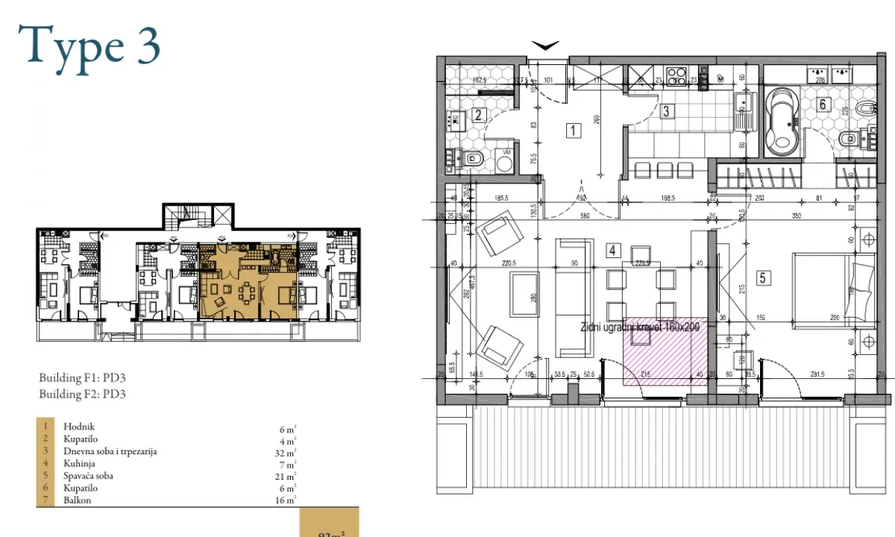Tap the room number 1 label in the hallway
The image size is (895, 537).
(573, 132)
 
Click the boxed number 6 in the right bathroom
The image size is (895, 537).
(823, 104)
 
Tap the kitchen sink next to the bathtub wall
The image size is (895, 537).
(743, 112)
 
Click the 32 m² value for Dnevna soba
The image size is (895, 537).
(287, 452)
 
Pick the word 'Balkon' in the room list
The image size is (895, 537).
(78, 500)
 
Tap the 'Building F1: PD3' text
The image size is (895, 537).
(82, 378)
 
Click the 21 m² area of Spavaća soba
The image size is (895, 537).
(287, 476)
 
